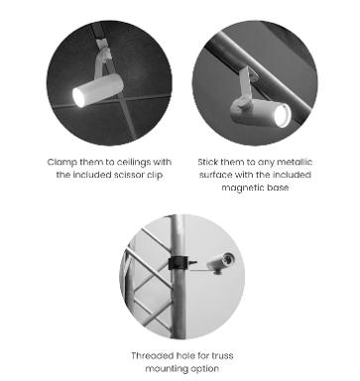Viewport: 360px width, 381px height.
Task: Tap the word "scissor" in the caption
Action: (x=128, y=175)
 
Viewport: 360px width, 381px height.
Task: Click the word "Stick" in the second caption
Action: (x=208, y=162)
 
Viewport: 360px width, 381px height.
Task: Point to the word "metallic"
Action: (x=295, y=162)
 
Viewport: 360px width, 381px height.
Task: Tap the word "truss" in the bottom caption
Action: (x=222, y=356)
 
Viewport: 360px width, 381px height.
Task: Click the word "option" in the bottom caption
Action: (x=205, y=369)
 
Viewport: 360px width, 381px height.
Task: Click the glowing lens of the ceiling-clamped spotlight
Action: (x=78, y=97)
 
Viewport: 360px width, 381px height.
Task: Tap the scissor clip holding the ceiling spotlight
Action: (x=102, y=61)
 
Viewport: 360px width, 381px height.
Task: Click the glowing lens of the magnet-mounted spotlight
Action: (x=282, y=116)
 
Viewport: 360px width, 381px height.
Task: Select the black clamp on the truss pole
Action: (x=179, y=263)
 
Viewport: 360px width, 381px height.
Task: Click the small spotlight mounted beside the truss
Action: (x=221, y=263)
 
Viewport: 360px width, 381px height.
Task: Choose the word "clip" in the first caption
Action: (x=155, y=175)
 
